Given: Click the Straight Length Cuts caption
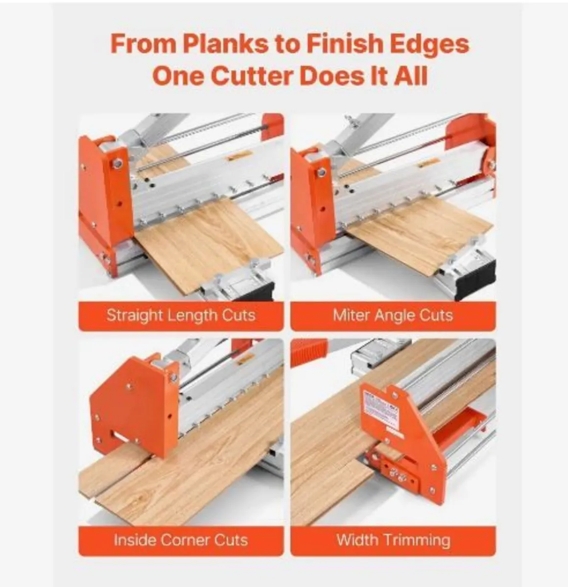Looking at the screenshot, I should (x=181, y=315).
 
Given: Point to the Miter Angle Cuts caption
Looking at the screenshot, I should (x=393, y=315).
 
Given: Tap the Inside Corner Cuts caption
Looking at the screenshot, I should (x=181, y=540).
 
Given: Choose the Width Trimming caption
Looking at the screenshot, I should (x=393, y=540).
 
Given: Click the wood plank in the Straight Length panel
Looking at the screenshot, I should (x=211, y=245).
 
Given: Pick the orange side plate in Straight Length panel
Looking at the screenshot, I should (x=103, y=196).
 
